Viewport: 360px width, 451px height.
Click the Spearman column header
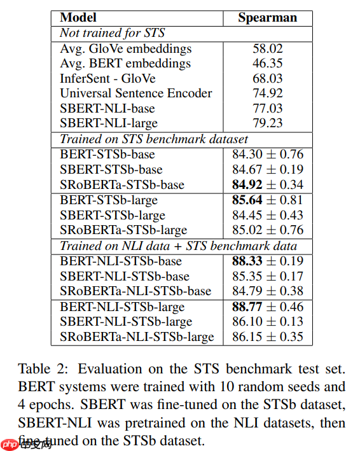(267, 17)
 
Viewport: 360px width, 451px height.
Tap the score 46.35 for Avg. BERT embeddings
(267, 64)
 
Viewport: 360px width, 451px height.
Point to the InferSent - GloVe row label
(107, 78)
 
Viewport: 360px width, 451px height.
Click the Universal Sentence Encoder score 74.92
(267, 94)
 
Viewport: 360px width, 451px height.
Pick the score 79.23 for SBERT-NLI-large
(267, 123)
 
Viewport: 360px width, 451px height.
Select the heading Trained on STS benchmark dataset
(153, 139)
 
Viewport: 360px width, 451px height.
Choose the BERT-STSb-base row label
(107, 155)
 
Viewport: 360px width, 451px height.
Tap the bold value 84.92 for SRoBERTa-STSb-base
(247, 185)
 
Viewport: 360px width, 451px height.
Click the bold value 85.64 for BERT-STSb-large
(247, 200)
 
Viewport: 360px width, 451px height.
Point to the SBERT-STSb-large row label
(113, 216)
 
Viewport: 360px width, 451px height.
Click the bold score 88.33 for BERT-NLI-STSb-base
(247, 261)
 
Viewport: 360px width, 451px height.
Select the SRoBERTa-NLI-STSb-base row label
(135, 291)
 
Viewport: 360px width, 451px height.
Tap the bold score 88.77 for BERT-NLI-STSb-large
(247, 307)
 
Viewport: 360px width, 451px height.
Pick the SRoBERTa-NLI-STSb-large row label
(137, 337)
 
